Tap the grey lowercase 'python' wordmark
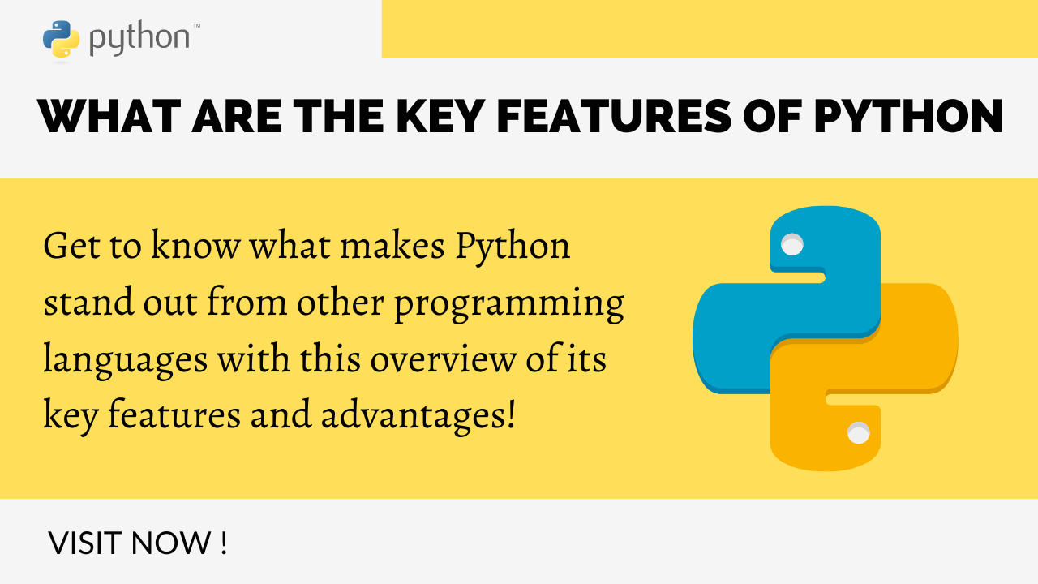[x=139, y=39]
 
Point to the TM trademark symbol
[x=196, y=26]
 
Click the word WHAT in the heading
[x=109, y=116]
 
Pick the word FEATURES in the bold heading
[x=614, y=116]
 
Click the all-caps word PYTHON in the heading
[x=909, y=116]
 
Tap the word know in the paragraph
[x=195, y=246]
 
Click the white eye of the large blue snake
[x=792, y=244]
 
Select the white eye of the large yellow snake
[x=858, y=433]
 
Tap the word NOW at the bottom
[x=171, y=543]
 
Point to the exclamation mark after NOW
[x=225, y=543]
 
